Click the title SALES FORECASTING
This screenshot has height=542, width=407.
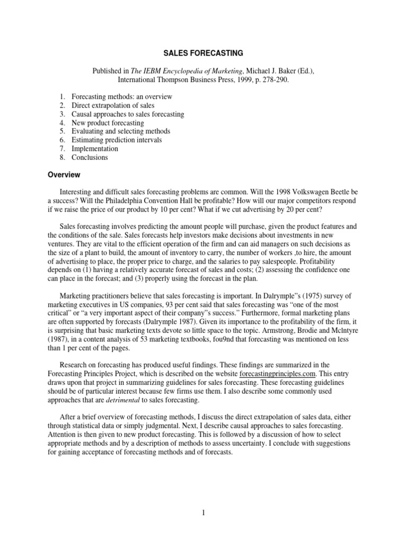203,53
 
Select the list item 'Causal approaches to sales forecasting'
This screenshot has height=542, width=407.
128,114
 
